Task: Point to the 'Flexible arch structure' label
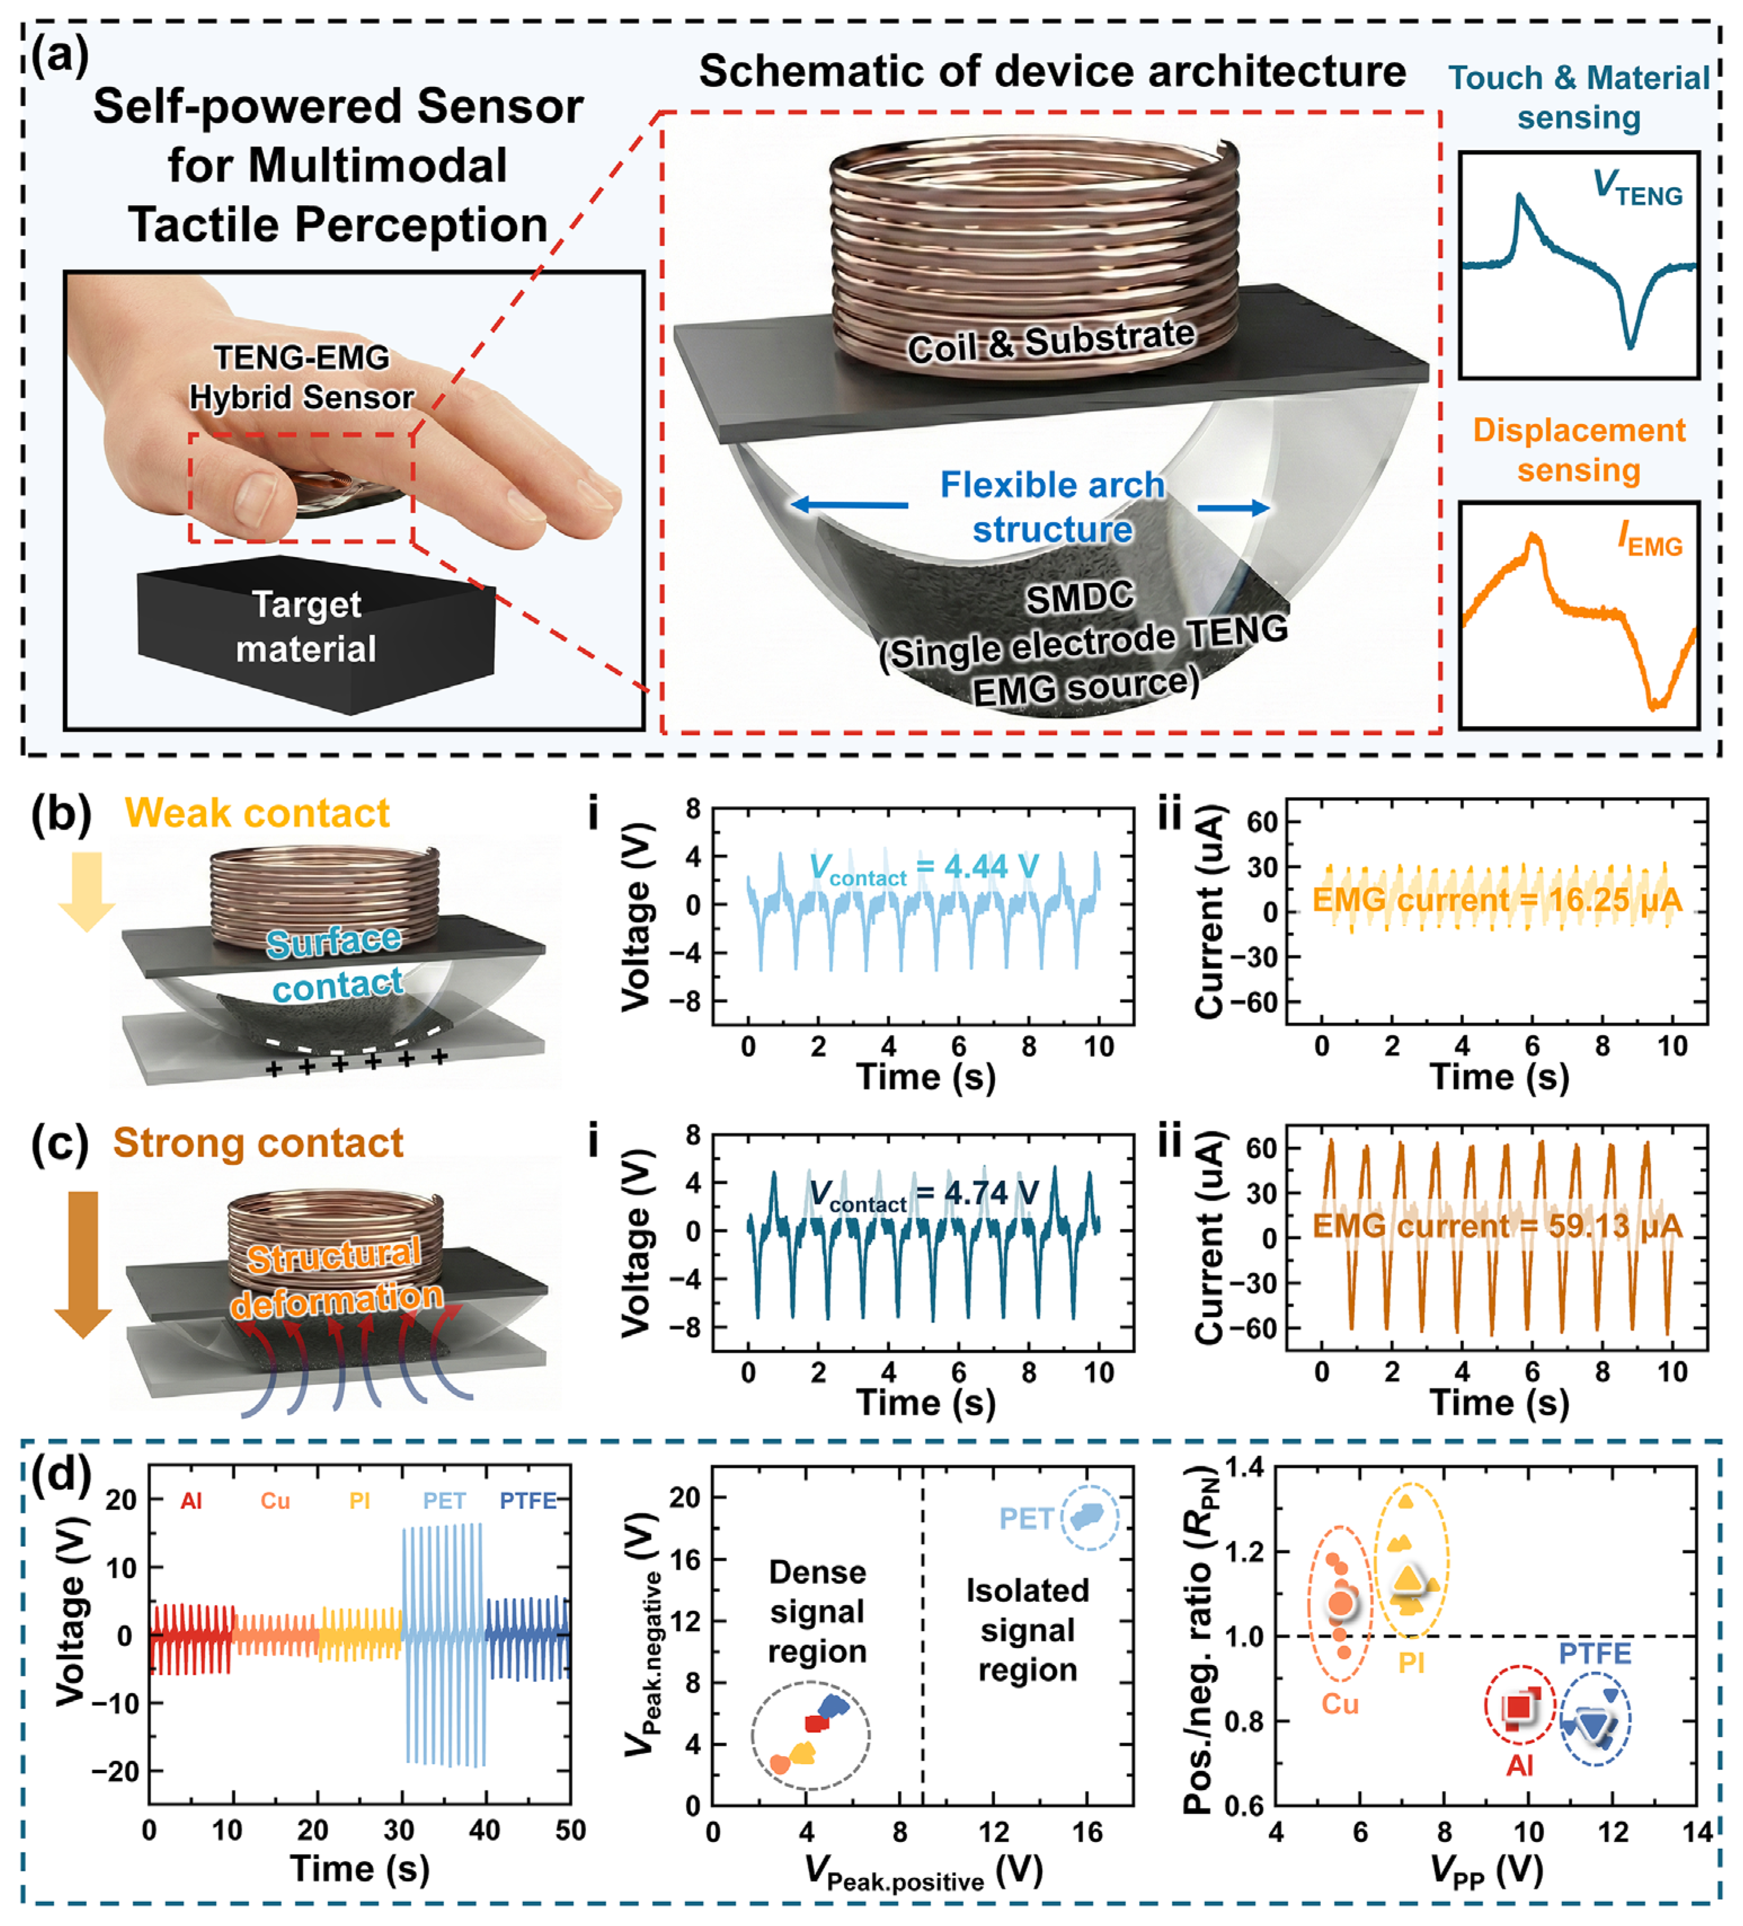[x=1053, y=506]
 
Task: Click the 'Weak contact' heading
[x=257, y=813]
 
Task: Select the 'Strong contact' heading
[x=258, y=1143]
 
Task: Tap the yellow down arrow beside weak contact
[x=87, y=891]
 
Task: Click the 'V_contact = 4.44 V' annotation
[x=924, y=867]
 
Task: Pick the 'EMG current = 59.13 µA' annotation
[x=1497, y=1226]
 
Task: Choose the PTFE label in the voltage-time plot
[x=528, y=1501]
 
